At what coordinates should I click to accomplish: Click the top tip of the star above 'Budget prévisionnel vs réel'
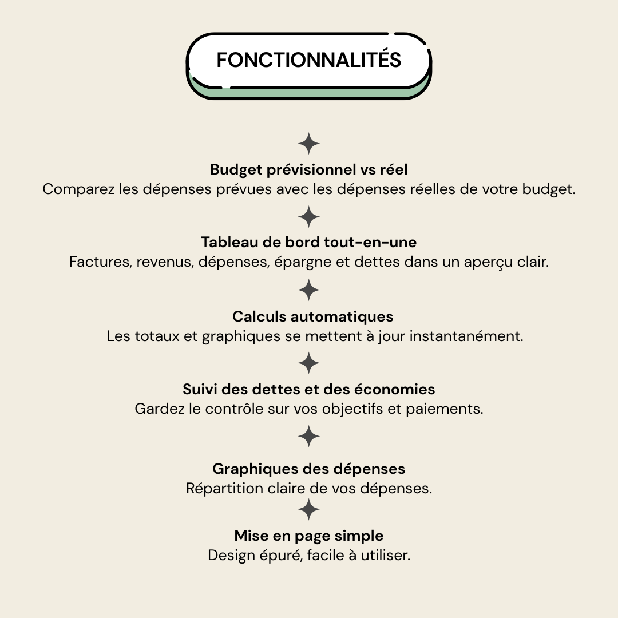click(309, 132)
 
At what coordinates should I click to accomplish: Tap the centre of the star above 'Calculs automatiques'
click(309, 290)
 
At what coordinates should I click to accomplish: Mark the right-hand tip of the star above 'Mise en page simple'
click(320, 509)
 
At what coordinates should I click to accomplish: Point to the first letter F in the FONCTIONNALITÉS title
click(221, 60)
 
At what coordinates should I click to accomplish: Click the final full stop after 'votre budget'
click(573, 194)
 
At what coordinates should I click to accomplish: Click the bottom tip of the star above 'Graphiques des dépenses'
click(309, 447)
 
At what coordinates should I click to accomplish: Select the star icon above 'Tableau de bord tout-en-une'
click(309, 217)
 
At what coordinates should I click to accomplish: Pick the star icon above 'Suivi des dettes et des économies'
click(309, 363)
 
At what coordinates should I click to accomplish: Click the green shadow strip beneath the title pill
click(309, 93)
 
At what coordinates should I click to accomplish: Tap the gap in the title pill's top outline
click(391, 34)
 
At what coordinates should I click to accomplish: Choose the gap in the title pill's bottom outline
click(226, 88)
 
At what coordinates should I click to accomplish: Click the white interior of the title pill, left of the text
click(203, 60)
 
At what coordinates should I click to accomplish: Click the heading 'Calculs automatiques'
click(313, 316)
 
